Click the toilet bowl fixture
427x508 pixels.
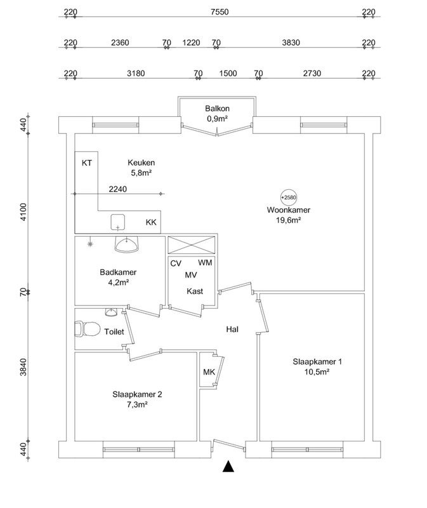tap(88, 329)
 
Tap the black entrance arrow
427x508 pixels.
tap(228, 466)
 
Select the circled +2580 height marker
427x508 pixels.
tap(289, 197)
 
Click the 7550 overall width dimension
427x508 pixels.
tap(220, 12)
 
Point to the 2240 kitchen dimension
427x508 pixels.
tap(118, 189)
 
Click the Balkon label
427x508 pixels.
tap(217, 109)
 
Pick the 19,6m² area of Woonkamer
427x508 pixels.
tap(289, 220)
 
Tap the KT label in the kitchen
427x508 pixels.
tap(87, 163)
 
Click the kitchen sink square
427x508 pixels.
tap(118, 222)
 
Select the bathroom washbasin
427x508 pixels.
tap(127, 244)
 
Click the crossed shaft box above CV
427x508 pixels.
tap(192, 244)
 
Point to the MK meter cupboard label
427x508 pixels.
tap(209, 372)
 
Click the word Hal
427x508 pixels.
tap(232, 330)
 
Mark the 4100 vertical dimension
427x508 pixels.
tap(23, 212)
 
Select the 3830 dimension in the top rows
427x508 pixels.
tap(291, 43)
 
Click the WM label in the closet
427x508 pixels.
tap(205, 262)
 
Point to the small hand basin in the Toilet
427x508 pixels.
tap(110, 312)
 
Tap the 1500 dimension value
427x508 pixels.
tap(228, 74)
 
